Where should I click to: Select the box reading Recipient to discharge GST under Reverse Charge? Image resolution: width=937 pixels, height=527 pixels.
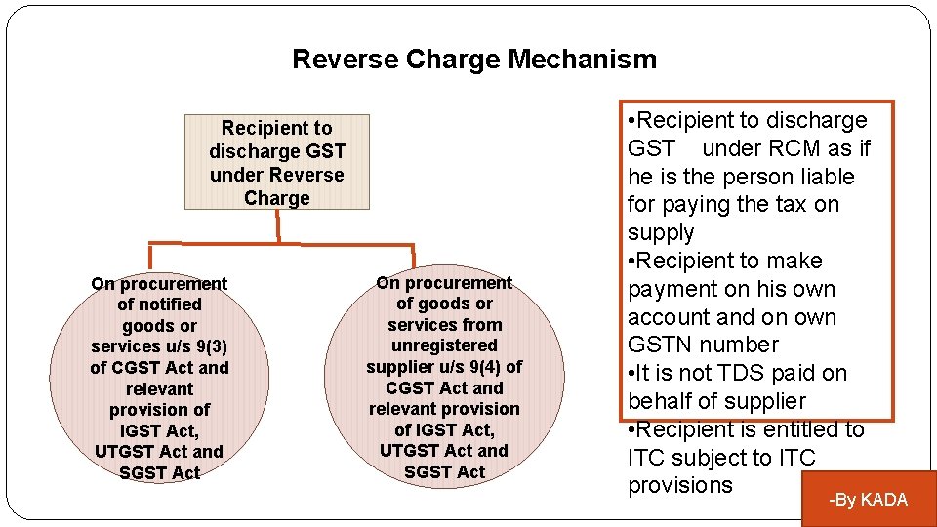pyautogui.click(x=277, y=162)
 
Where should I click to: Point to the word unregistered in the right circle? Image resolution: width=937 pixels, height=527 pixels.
pyautogui.click(x=444, y=345)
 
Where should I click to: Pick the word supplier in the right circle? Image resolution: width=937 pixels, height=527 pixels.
pyautogui.click(x=401, y=367)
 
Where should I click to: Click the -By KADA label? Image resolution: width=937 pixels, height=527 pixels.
pyautogui.click(x=868, y=500)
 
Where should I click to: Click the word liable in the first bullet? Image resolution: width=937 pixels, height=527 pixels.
pyautogui.click(x=826, y=177)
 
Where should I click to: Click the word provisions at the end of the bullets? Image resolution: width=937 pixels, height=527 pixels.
pyautogui.click(x=679, y=486)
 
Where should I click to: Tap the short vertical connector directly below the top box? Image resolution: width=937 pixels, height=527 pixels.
pyautogui.click(x=277, y=225)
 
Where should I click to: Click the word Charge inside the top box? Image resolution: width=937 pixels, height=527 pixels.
pyautogui.click(x=277, y=198)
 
